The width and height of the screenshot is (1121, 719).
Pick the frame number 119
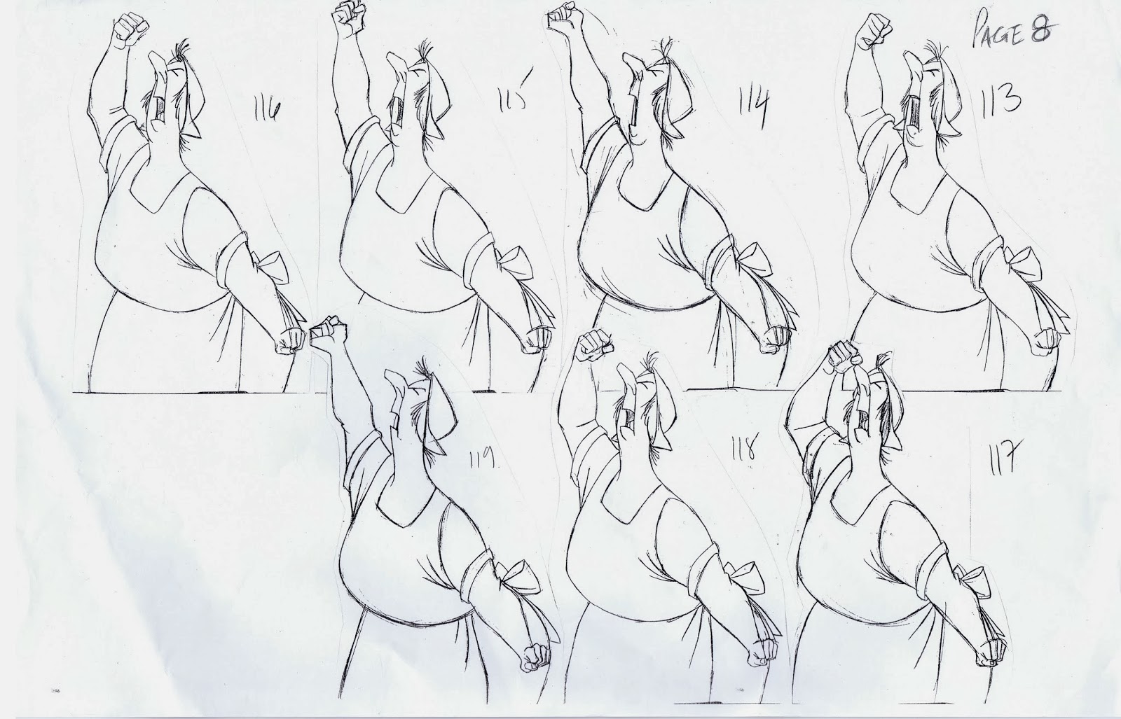coord(481,457)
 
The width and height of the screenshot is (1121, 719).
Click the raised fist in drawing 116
coord(130,29)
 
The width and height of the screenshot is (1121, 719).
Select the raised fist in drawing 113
coord(873,31)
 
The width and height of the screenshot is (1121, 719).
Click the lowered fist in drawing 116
coord(289,340)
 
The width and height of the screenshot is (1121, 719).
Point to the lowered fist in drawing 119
coord(535,657)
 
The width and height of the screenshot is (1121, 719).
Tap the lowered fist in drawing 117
coord(991,652)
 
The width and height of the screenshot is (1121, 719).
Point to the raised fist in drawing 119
coord(329,333)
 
